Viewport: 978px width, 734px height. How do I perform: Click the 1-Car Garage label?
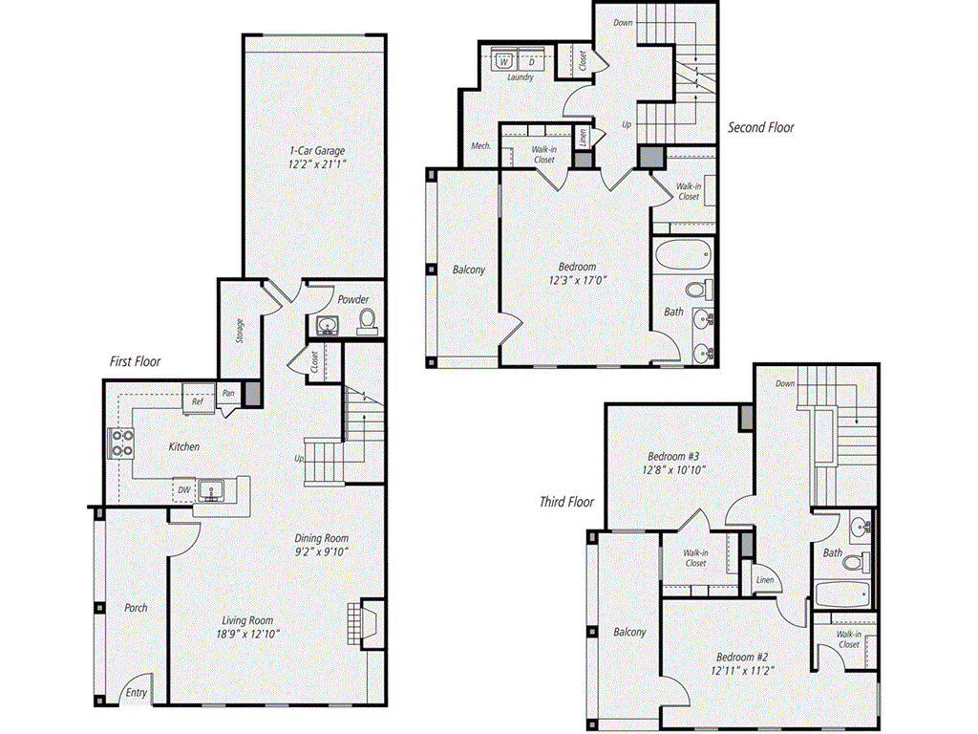[x=318, y=150]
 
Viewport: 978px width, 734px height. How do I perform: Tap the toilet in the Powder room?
[x=367, y=321]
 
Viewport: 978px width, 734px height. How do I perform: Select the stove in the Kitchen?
[x=121, y=443]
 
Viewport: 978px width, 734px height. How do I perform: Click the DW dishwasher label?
[x=183, y=490]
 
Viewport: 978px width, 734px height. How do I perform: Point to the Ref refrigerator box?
[x=198, y=402]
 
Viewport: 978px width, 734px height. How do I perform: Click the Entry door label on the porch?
[x=137, y=693]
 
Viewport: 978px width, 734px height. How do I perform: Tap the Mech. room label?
[x=480, y=146]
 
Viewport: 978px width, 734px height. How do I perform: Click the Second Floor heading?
[x=760, y=127]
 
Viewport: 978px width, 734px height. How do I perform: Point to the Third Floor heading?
[x=566, y=502]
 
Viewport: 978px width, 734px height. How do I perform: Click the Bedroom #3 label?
[x=674, y=456]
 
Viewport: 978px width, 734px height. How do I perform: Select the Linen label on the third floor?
[x=765, y=580]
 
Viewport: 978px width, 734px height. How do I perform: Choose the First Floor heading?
[x=135, y=362]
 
